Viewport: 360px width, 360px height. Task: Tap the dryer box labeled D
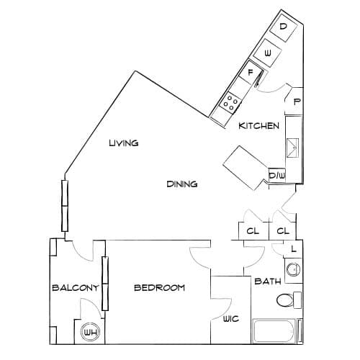click(x=284, y=27)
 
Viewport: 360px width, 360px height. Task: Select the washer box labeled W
click(x=267, y=53)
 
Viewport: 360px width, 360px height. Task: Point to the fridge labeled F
click(x=251, y=73)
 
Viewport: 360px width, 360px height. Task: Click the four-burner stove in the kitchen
click(x=230, y=103)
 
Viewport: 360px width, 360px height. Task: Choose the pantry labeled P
click(x=294, y=102)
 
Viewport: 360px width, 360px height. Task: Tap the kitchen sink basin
click(x=293, y=148)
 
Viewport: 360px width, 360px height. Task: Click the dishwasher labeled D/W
click(x=276, y=175)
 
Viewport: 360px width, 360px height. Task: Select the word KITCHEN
click(x=259, y=126)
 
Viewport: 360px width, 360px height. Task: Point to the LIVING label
click(x=124, y=143)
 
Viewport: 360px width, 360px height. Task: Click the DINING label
click(x=182, y=184)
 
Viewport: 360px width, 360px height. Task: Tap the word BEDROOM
click(x=159, y=287)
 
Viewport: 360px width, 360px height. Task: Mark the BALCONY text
click(x=76, y=287)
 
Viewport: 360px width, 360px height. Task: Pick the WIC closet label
click(x=231, y=319)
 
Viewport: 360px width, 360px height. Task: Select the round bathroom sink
click(x=293, y=269)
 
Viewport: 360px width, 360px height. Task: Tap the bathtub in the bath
click(x=274, y=331)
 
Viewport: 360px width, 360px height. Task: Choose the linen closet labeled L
click(x=293, y=249)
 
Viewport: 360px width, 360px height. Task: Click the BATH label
click(x=268, y=281)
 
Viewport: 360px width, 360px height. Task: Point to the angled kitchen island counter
click(x=246, y=168)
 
